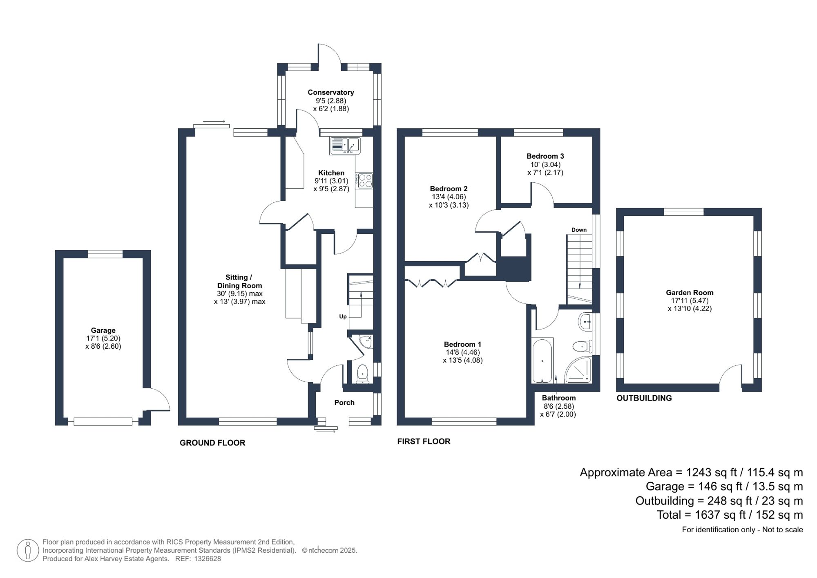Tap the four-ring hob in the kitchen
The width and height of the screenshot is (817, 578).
364,181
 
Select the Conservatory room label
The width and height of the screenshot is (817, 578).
330,92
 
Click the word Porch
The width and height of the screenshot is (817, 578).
344,403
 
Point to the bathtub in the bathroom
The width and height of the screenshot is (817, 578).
542,361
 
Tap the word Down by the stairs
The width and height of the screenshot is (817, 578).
579,230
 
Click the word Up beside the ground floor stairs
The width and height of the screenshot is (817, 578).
343,316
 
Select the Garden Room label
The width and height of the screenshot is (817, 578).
690,293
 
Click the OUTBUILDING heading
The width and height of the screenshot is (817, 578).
644,398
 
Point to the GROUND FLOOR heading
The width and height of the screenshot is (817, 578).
212,443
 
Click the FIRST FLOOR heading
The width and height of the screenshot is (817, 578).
424,441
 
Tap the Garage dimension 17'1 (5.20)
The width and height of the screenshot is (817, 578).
103,338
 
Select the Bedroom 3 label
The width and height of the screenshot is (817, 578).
545,156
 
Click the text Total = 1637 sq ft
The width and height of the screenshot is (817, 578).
730,515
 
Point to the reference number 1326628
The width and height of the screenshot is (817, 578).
207,559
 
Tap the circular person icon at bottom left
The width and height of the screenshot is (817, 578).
28,550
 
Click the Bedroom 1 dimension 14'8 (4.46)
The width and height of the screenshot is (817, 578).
462,352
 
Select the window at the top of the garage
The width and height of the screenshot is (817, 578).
105,254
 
